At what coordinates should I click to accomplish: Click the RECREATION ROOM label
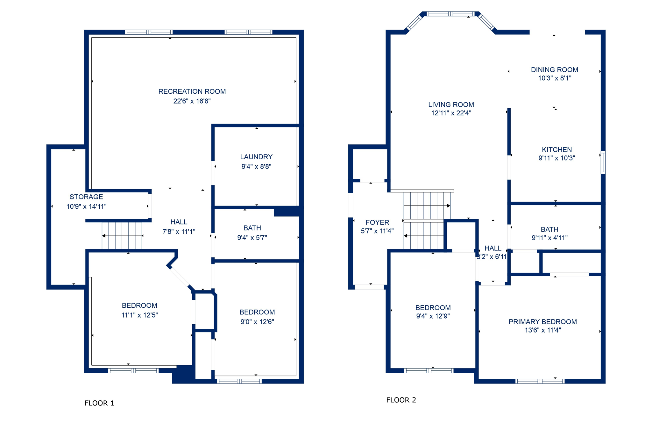192,91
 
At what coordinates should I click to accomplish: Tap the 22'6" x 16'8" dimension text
192,101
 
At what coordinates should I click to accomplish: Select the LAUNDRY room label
256,157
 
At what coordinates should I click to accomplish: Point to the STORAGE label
86,197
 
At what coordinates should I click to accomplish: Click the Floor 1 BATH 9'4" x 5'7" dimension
252,237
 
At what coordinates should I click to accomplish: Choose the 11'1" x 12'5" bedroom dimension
139,315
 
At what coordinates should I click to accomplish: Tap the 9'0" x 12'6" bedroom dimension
257,322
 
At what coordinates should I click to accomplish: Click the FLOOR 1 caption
99,403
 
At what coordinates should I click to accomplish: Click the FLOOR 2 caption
401,400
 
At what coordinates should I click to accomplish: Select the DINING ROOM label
555,70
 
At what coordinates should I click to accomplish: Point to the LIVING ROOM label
451,104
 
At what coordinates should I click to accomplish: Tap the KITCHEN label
557,150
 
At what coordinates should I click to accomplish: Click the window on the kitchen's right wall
603,162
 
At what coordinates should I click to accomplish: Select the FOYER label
377,222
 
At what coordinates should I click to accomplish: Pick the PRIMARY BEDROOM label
542,322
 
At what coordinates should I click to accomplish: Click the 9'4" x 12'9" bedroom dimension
433,316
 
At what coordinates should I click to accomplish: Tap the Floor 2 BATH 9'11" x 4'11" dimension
549,238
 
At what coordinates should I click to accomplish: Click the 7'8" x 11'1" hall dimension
179,232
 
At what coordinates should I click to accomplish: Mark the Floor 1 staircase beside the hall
122,236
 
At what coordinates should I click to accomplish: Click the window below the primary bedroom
540,381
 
